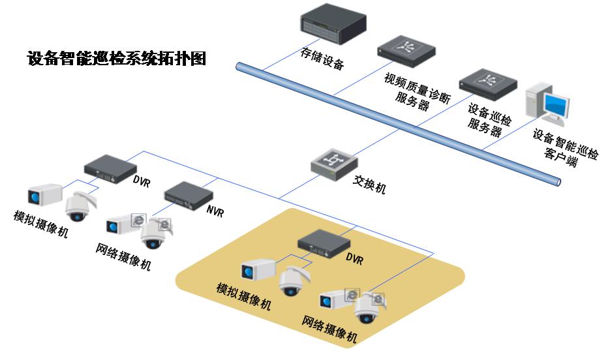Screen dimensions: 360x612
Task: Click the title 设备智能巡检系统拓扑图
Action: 117,59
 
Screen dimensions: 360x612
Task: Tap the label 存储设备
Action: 322,58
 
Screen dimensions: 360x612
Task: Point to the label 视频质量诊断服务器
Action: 417,91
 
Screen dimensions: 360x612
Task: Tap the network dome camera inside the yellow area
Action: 366,310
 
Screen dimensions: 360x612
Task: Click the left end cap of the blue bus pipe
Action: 239,67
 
